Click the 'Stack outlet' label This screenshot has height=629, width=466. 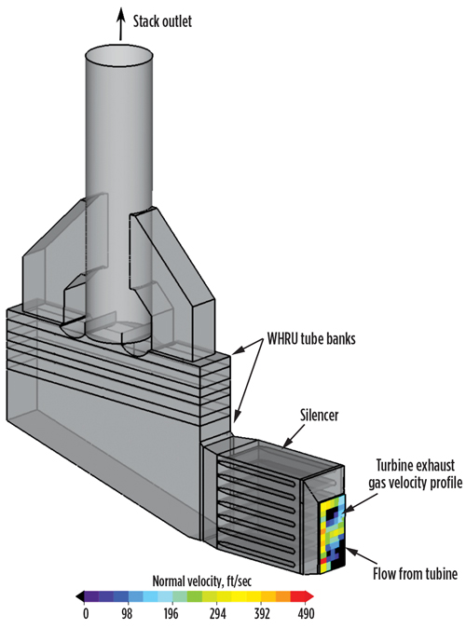coord(162,21)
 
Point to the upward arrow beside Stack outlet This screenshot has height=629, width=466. coord(120,23)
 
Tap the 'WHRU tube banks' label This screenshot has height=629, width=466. coord(311,338)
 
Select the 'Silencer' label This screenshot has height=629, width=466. coord(320,415)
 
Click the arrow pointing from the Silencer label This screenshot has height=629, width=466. coord(297,436)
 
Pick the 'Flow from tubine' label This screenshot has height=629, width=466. coord(415,574)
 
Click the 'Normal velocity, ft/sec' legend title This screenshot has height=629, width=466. coord(202,581)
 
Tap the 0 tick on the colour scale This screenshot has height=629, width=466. coord(86,614)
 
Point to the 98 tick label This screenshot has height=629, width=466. coord(127,614)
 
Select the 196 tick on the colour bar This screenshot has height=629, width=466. coord(171,614)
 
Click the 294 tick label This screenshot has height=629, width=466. coord(217,614)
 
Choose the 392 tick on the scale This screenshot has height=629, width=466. coord(262,614)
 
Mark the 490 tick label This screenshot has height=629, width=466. coord(307,614)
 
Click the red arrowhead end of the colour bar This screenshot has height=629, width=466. coord(309,596)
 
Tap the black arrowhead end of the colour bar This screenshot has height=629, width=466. coord(80,596)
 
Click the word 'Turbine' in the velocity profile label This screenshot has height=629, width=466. coord(395,466)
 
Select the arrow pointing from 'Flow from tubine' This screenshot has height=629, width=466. coord(362,556)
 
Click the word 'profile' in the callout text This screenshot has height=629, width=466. coord(445,483)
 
